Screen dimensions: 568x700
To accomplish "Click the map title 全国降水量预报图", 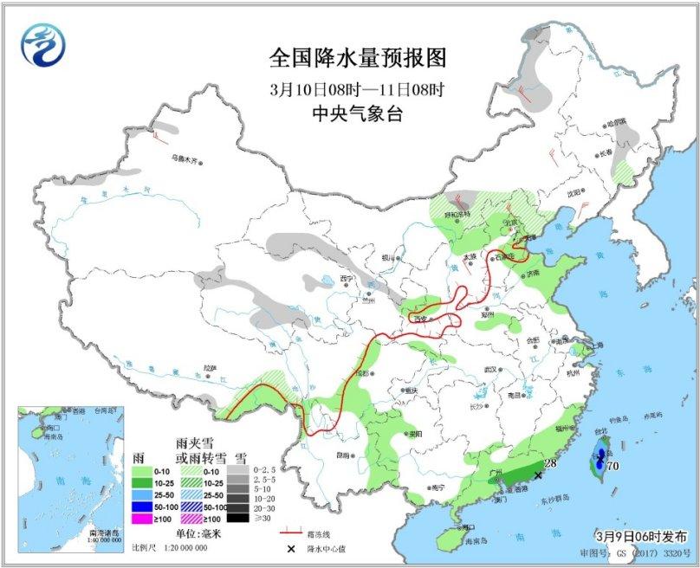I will click(x=358, y=58).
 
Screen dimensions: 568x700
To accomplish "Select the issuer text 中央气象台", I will click(x=358, y=114).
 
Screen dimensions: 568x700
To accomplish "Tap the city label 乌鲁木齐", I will click(x=185, y=159).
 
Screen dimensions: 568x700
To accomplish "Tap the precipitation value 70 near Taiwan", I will click(x=612, y=466).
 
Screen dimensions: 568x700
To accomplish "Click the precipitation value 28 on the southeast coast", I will click(x=548, y=465).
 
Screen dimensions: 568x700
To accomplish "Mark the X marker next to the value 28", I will click(x=538, y=475).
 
